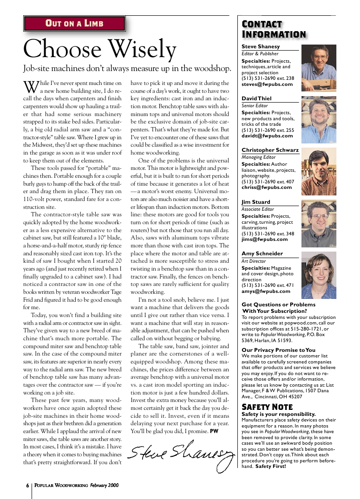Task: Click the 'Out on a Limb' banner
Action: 74,23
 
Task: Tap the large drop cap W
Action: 31,86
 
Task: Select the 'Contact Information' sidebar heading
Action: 274,29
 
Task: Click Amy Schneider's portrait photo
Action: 319,275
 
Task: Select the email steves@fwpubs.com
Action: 267,84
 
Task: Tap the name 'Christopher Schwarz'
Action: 270,150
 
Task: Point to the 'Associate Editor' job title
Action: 258,209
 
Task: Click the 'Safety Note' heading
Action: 267,407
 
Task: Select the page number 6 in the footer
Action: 27,485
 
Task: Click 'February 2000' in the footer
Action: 105,485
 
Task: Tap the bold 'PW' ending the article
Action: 214,431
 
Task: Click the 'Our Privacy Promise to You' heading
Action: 278,350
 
